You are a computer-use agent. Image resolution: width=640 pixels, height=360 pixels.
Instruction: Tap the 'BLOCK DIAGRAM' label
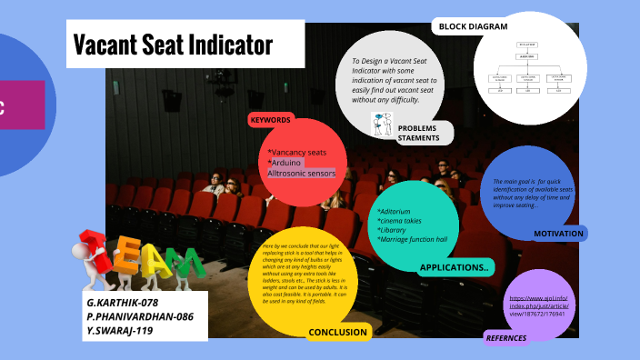[473, 26]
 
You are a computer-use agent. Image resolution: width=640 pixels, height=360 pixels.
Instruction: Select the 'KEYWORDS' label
[271, 120]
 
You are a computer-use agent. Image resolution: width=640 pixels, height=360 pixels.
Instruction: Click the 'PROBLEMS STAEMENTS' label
[424, 134]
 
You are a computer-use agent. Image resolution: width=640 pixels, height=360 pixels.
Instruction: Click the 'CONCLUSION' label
[338, 332]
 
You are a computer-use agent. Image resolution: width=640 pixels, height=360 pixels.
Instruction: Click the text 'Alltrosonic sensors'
[301, 173]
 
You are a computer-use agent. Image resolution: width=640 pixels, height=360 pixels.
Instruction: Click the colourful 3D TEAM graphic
[136, 257]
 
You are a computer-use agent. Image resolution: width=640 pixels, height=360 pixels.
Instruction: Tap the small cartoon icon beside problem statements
[381, 123]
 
